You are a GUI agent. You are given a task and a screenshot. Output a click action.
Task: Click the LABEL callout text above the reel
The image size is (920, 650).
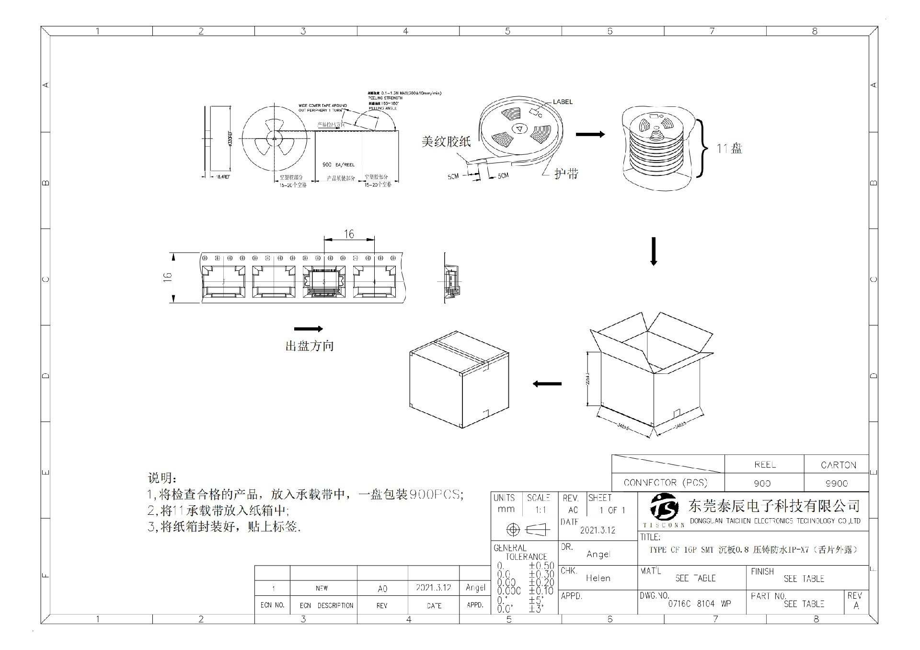tap(563, 102)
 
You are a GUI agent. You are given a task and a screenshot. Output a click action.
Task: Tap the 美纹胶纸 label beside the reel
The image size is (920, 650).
tap(446, 141)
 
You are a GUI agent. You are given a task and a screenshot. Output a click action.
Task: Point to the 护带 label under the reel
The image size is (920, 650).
tap(566, 174)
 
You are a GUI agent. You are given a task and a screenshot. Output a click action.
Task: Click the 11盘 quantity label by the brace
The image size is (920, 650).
tap(729, 149)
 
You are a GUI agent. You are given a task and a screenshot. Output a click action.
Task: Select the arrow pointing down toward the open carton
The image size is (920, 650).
tap(653, 251)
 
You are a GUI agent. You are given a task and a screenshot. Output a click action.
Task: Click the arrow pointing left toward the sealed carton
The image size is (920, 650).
tap(547, 383)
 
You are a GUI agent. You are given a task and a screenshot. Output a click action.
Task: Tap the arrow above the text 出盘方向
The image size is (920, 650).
tap(308, 329)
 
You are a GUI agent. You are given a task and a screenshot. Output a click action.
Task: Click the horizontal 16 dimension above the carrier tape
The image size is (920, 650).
tap(349, 234)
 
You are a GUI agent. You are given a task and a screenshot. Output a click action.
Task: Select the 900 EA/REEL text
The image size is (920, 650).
tap(338, 164)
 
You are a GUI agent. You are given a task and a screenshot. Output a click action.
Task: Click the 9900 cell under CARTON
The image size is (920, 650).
tap(836, 483)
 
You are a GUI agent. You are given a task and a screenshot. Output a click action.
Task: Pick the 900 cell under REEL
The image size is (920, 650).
tap(762, 483)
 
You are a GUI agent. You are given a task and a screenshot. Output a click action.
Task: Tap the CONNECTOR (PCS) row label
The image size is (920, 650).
tap(666, 483)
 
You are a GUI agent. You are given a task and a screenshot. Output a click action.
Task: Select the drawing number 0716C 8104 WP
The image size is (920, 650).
tap(700, 604)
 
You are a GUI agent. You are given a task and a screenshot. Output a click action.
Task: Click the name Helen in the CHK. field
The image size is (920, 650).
tap(598, 578)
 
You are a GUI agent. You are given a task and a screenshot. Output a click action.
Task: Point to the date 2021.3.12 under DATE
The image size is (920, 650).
tap(598, 530)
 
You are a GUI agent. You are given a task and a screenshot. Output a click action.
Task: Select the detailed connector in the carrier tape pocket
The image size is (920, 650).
tap(323, 281)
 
